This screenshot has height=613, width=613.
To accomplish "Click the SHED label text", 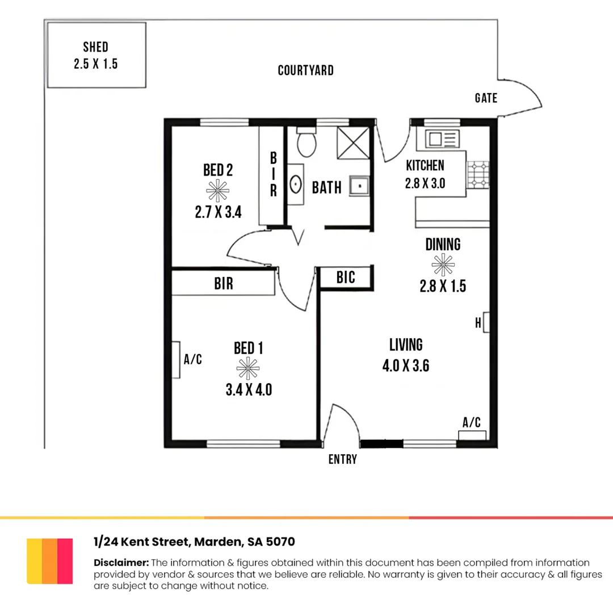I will (x=95, y=47).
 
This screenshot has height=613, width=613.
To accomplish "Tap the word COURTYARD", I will (x=305, y=71).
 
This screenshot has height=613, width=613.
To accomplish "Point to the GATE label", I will (x=486, y=98).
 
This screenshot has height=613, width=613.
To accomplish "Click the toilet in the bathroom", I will (x=306, y=142).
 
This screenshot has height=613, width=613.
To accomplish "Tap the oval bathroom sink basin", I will (x=296, y=184).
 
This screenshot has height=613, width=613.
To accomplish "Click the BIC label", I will (x=346, y=278).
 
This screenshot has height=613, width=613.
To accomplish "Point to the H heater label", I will (x=478, y=323).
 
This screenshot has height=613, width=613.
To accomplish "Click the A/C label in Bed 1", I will (x=193, y=359).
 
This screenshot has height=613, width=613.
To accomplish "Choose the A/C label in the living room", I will (x=472, y=422).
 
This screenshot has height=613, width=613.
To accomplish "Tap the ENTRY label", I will (x=343, y=460).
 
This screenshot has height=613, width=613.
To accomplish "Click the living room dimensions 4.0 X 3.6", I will (x=405, y=366).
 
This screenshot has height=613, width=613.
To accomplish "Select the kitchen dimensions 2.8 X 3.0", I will (x=425, y=184).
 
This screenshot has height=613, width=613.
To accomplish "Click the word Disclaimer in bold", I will (x=121, y=562).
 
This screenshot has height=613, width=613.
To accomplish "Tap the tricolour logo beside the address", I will (x=50, y=561).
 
